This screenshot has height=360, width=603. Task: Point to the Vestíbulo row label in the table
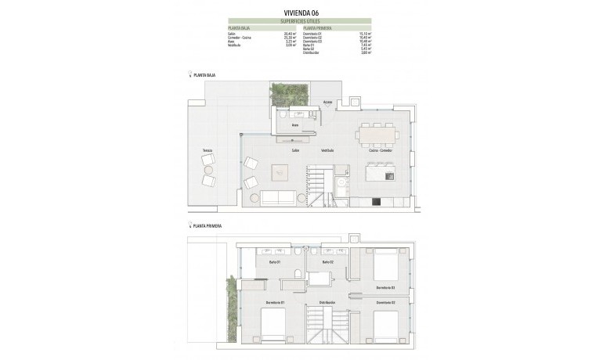(233, 45)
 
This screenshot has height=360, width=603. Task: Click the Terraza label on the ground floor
(207, 150)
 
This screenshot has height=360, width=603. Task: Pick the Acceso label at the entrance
(327, 103)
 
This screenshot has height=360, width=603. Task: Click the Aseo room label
(295, 125)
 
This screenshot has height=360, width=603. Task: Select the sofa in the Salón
(278, 198)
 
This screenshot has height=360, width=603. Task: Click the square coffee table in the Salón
(280, 172)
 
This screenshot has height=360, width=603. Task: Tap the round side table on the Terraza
(208, 170)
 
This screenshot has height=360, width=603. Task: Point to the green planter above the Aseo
(289, 95)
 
